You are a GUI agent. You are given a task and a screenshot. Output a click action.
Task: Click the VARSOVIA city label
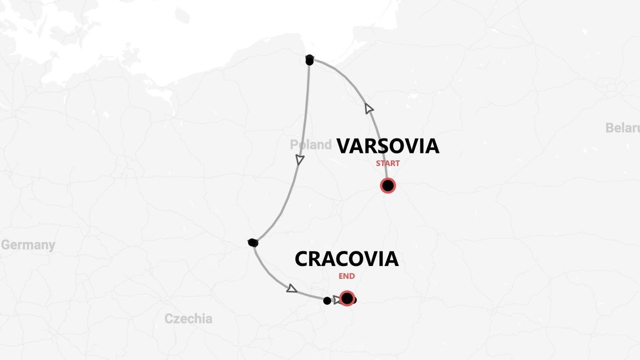pyautogui.click(x=387, y=146)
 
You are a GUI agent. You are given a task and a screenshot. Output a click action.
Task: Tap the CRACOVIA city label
pyautogui.click(x=346, y=259)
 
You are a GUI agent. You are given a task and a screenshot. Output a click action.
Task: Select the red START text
pyautogui.click(x=387, y=163)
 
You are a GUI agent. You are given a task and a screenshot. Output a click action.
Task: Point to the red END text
pyautogui.click(x=346, y=276)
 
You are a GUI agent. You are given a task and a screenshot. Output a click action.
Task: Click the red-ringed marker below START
pyautogui.click(x=387, y=185)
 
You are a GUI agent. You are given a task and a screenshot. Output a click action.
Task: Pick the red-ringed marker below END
pyautogui.click(x=347, y=298)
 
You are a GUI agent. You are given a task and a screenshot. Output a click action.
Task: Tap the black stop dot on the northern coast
pyautogui.click(x=309, y=60)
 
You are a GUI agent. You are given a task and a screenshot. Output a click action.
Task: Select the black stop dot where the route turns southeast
pyautogui.click(x=253, y=243)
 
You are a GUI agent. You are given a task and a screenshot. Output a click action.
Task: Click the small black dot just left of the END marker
pyautogui.click(x=327, y=300)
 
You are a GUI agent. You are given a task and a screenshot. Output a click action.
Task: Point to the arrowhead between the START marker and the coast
pyautogui.click(x=369, y=108)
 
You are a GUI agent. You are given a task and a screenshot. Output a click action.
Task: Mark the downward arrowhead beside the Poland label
pyautogui.click(x=299, y=159)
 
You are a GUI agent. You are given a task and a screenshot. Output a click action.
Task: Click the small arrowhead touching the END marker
pyautogui.click(x=337, y=299)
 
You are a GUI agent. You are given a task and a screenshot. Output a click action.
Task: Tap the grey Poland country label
pyautogui.click(x=310, y=145)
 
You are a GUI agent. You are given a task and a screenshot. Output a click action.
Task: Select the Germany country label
pyautogui.click(x=28, y=245)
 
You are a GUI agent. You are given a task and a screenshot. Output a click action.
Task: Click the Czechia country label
pyautogui.click(x=188, y=318)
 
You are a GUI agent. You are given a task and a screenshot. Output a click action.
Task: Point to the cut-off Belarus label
pyautogui.click(x=622, y=128)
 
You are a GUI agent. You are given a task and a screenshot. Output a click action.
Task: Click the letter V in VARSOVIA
pyautogui.click(x=344, y=146)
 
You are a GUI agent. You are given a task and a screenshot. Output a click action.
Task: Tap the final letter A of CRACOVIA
pyautogui.click(x=390, y=259)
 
